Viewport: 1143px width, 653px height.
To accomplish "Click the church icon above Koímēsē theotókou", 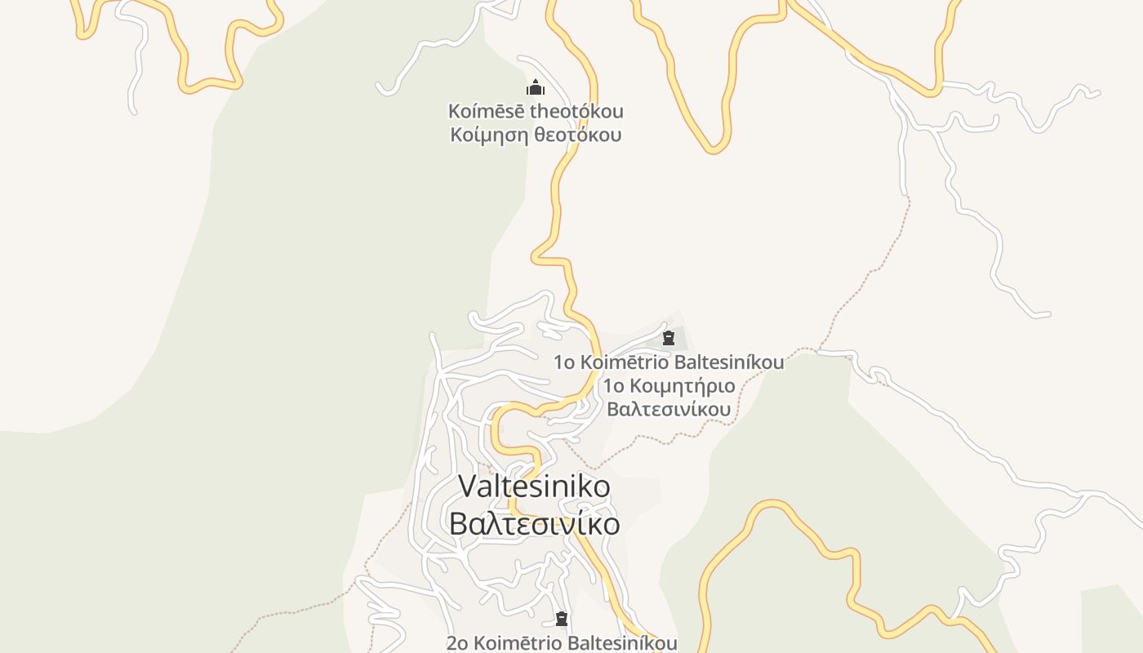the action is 536,87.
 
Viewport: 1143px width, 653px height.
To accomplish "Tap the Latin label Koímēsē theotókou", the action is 536,111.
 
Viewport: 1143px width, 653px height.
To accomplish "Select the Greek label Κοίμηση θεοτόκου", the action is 536,135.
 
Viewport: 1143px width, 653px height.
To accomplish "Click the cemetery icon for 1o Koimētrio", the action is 669,338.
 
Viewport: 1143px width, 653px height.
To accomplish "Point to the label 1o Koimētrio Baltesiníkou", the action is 669,362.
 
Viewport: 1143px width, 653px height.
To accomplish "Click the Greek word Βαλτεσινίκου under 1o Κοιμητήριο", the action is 669,408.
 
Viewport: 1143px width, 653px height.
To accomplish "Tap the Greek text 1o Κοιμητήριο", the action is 669,385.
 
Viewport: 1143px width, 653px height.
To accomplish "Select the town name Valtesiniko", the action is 535,486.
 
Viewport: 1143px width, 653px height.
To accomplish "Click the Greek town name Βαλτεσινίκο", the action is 535,523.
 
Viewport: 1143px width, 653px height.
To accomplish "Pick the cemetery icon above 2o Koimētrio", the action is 562,619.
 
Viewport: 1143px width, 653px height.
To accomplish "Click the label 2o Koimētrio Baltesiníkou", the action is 562,643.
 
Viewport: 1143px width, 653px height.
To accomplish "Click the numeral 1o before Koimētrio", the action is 565,362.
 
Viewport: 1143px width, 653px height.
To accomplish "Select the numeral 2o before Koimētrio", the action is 458,643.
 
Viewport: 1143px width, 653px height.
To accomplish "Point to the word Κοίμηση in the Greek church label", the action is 488,135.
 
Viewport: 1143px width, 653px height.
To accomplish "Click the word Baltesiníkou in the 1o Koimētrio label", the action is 728,362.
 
